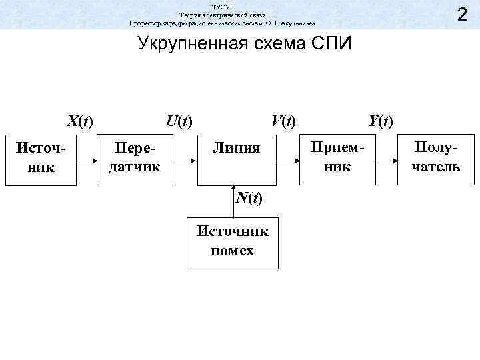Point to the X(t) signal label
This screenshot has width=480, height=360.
click(x=79, y=121)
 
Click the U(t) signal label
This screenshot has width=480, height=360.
click(x=179, y=121)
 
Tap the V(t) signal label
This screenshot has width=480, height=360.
click(x=283, y=121)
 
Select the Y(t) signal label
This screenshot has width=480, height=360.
click(x=381, y=121)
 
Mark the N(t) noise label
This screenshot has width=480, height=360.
click(x=248, y=199)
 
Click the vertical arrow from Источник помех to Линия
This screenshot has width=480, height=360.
click(x=233, y=201)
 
